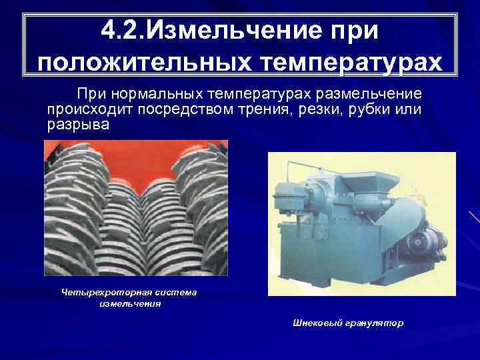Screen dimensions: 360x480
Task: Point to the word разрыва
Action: (x=79, y=124)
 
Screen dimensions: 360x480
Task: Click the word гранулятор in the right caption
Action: (x=375, y=323)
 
